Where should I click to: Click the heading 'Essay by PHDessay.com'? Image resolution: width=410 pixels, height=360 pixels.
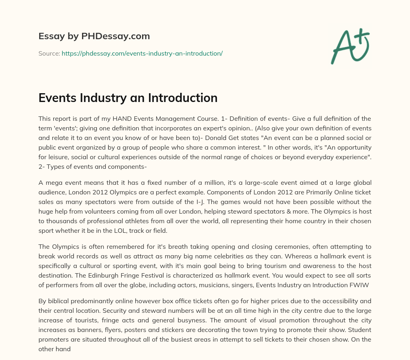(94, 36)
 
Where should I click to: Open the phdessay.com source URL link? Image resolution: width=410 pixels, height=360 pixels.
(142, 53)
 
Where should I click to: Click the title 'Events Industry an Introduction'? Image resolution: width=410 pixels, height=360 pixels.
(128, 98)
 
